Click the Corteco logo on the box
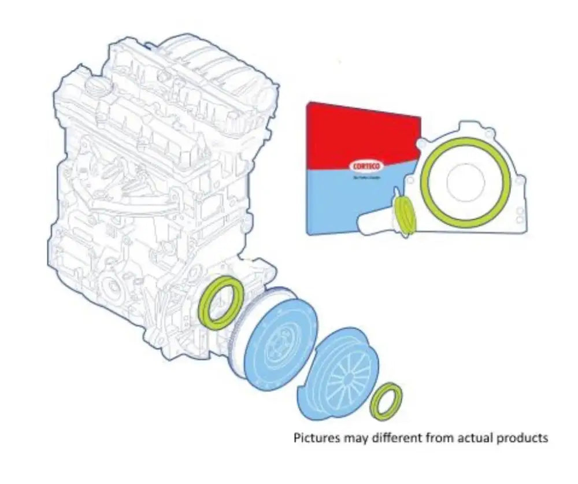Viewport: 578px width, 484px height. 364,167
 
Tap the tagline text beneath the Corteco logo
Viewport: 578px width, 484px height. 364,177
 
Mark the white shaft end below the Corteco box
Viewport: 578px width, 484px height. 370,222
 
